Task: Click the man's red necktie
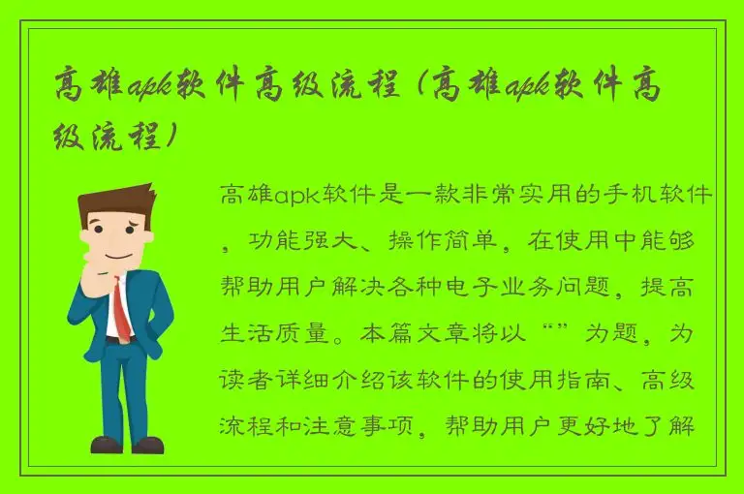121,308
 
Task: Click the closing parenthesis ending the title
172,137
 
